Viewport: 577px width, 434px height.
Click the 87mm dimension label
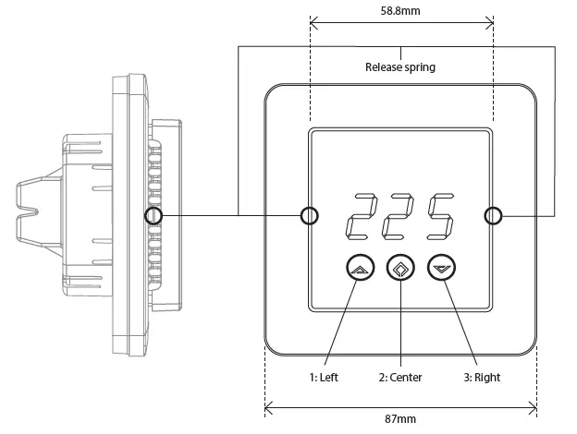click(399, 419)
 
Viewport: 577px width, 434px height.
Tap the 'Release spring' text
click(399, 66)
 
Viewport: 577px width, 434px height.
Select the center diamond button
click(399, 269)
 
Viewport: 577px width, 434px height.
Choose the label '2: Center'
click(399, 377)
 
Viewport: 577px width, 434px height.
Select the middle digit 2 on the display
click(399, 215)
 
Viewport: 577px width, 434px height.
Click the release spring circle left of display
click(309, 215)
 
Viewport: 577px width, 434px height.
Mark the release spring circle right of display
click(494, 215)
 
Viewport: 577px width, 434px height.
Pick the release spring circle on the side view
click(153, 215)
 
